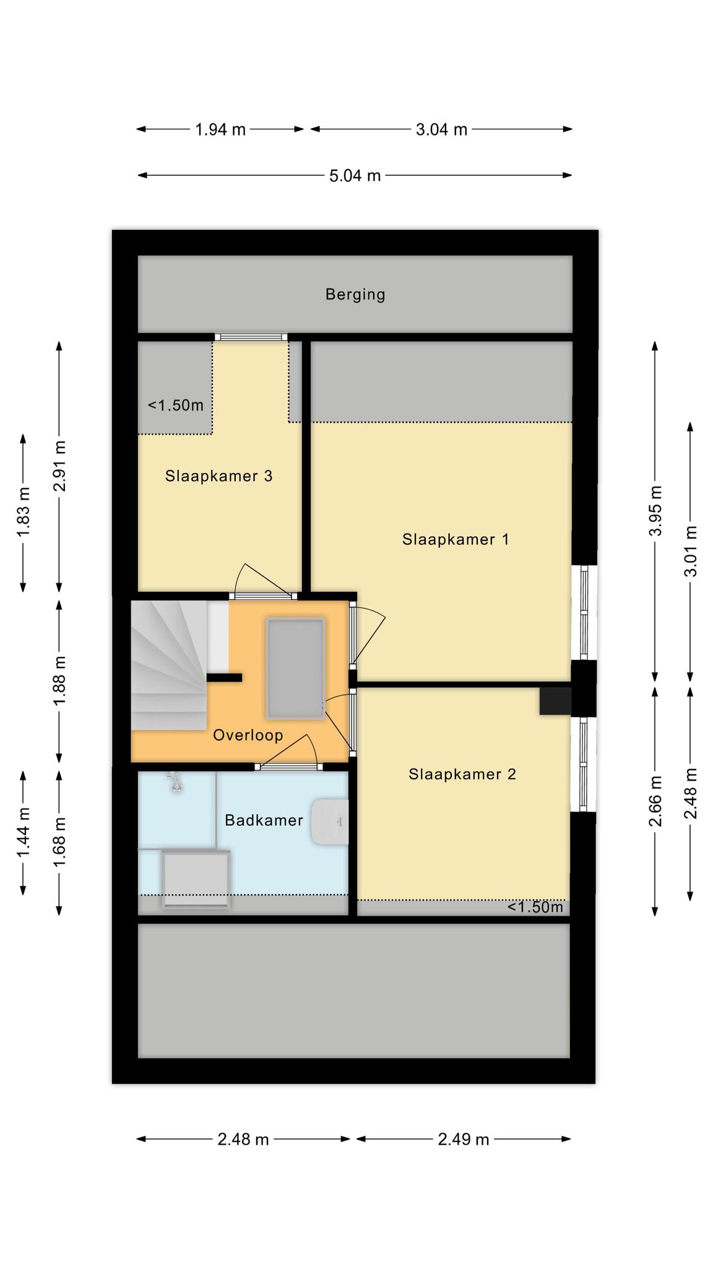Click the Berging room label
tap(355, 295)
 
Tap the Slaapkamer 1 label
tap(456, 539)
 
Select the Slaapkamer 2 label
tap(462, 774)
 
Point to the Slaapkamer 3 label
tap(218, 476)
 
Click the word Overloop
tap(248, 736)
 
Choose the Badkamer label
tap(264, 820)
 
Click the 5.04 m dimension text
tap(355, 176)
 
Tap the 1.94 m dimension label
tap(220, 129)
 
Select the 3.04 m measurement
tap(441, 129)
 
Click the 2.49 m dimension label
tap(464, 1139)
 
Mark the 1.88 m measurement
tap(60, 680)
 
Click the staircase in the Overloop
tap(169, 665)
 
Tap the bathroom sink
tap(330, 822)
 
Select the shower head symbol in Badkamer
tap(176, 783)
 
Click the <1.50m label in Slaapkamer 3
tap(176, 406)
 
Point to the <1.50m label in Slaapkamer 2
tap(535, 907)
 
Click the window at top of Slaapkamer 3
tap(251, 337)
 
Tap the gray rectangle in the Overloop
tap(295, 668)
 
